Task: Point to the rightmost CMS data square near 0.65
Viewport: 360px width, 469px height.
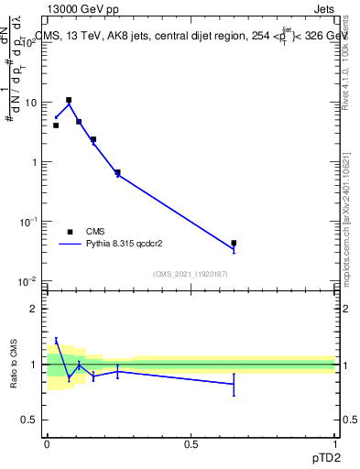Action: (x=234, y=244)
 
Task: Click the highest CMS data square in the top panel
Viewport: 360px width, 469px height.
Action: (x=69, y=100)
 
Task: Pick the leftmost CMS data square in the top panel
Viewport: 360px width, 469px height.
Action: (x=56, y=125)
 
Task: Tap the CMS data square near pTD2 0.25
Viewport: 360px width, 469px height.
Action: (x=117, y=172)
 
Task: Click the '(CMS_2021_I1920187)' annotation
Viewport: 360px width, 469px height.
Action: (x=191, y=274)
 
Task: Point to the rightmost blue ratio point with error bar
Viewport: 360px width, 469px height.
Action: (x=234, y=384)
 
